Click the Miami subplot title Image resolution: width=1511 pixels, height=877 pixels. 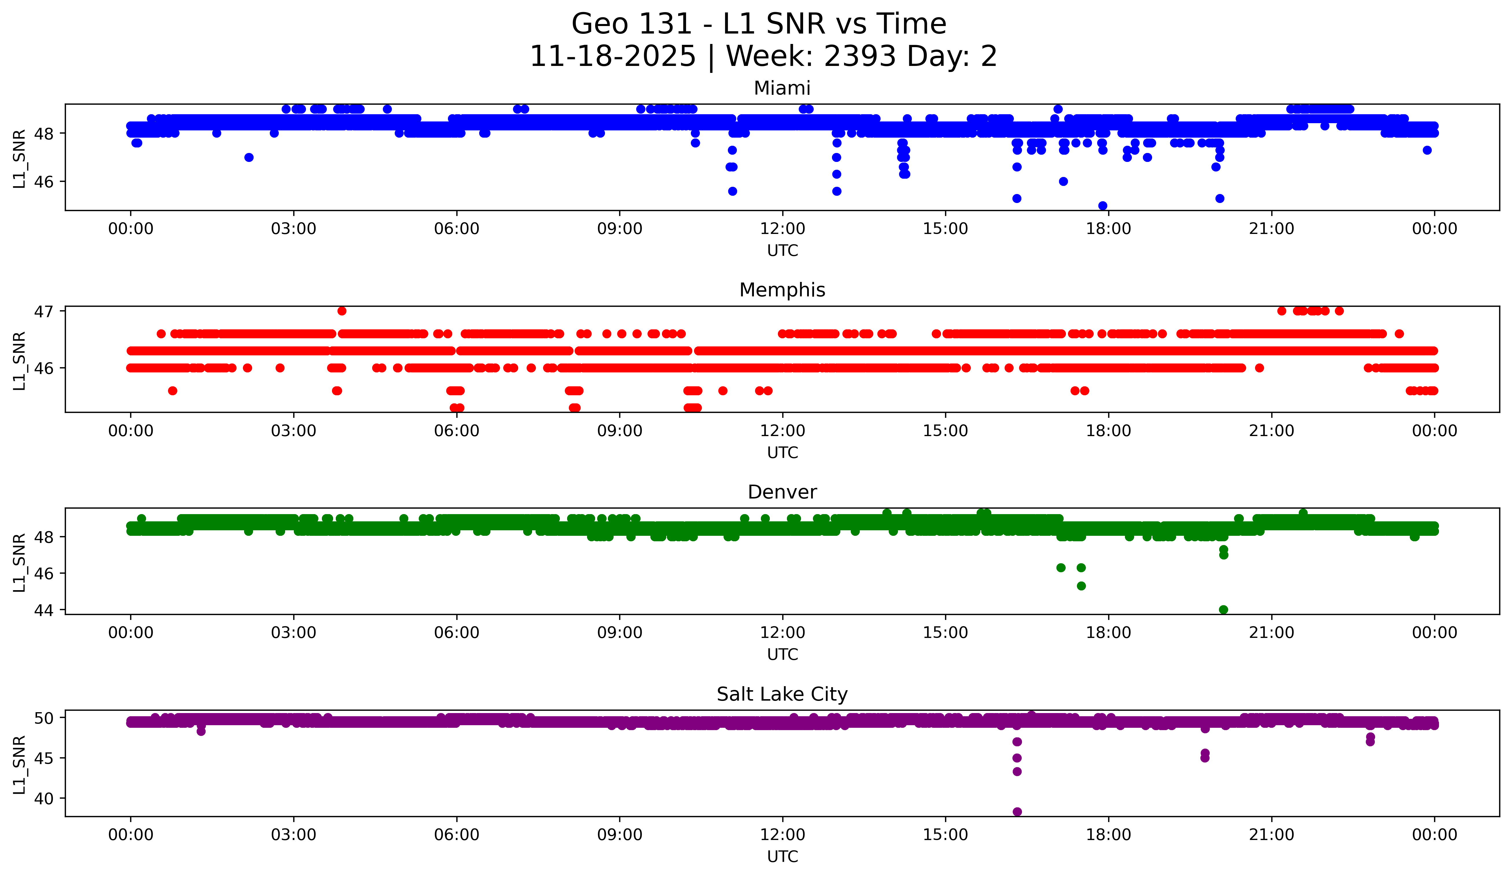(x=782, y=88)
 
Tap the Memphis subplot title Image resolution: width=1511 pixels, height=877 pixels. (x=782, y=290)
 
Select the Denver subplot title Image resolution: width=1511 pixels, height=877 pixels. (x=782, y=492)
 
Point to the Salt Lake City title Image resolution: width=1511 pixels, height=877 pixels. (x=782, y=694)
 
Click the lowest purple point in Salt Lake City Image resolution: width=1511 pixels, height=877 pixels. (x=1017, y=812)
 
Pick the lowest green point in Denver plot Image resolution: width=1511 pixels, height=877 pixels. (x=1223, y=610)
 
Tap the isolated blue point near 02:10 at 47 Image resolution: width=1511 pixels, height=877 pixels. (x=249, y=157)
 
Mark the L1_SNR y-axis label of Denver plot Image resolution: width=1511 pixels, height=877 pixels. (x=19, y=562)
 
